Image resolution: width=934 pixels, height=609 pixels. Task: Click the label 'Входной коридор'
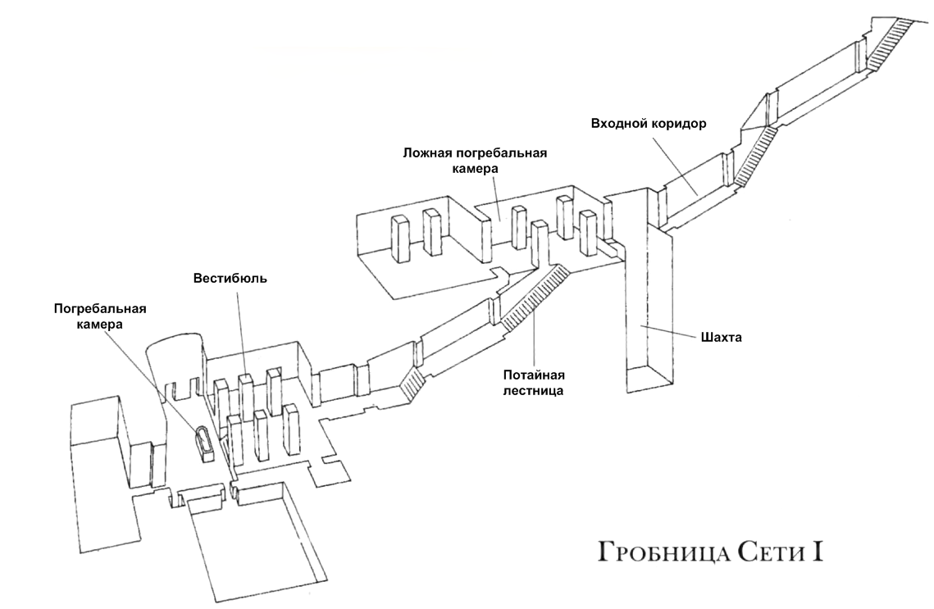649,124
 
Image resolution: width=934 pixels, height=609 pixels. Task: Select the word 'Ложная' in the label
426,152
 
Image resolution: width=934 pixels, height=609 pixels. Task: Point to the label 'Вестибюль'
230,278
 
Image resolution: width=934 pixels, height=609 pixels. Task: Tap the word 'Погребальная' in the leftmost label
100,309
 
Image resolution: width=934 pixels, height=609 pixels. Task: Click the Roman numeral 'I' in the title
818,550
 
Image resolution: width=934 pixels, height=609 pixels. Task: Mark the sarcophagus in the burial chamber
205,443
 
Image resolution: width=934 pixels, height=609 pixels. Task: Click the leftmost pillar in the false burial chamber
401,239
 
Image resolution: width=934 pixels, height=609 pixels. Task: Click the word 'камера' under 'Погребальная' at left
100,325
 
